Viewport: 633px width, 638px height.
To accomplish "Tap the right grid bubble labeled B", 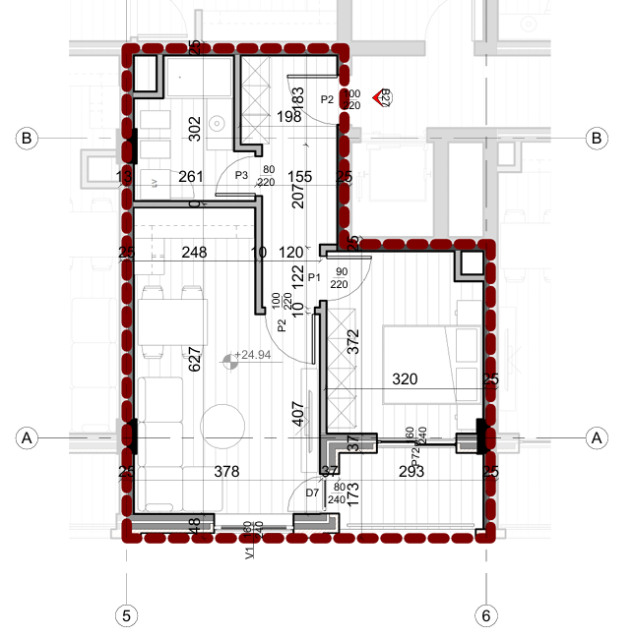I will pos(595,139).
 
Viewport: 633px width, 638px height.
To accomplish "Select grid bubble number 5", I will pos(125,615).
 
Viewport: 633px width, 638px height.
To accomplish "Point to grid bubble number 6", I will pos(485,615).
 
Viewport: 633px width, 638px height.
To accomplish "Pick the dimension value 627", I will pos(195,360).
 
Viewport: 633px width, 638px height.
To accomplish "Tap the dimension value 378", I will pos(226,473).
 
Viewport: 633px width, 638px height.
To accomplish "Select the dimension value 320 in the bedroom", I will pos(406,377).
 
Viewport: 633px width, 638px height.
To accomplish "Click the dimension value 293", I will pos(411,473).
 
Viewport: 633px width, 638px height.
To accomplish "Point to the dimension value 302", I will pos(194,127).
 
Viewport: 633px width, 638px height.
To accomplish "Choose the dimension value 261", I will pos(191,177).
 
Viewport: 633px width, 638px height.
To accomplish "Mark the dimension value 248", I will pos(194,253).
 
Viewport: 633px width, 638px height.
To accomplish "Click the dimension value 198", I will pos(289,118).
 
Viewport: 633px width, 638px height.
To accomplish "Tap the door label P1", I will pos(316,278).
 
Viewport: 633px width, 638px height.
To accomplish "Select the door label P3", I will pos(240,174).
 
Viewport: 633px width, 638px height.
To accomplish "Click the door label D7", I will pos(312,493).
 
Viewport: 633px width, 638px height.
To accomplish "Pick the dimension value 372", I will pos(352,341).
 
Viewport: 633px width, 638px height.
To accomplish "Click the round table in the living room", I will pos(222,426).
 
